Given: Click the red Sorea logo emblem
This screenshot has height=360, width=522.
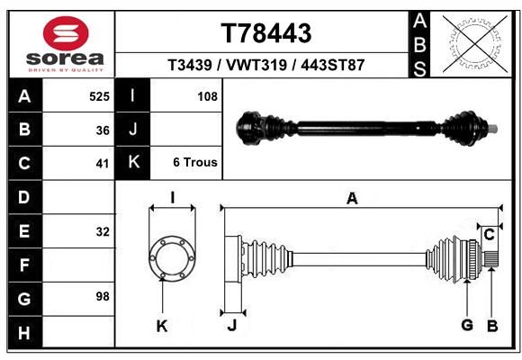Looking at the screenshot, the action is pyautogui.click(x=66, y=33).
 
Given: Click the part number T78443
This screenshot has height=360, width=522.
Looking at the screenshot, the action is pyautogui.click(x=266, y=33).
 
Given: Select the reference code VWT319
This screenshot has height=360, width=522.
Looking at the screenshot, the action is pyautogui.click(x=256, y=65).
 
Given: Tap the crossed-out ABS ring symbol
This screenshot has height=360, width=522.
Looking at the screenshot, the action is pyautogui.click(x=475, y=44).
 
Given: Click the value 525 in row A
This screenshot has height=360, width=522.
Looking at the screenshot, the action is pyautogui.click(x=99, y=96).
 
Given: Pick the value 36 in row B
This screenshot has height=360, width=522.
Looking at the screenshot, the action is pyautogui.click(x=103, y=130).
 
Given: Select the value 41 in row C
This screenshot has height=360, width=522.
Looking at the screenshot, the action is pyautogui.click(x=103, y=164).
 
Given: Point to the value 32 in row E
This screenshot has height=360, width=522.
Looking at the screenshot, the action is pyautogui.click(x=103, y=231).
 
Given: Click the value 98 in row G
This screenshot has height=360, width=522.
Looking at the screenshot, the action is pyautogui.click(x=103, y=296).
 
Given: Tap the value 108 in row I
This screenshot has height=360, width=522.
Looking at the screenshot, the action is pyautogui.click(x=207, y=96).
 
